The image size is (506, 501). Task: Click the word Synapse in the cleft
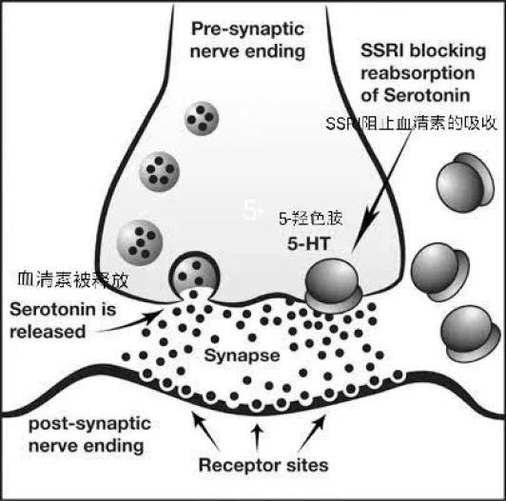(x=242, y=356)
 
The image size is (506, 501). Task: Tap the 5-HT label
(x=309, y=243)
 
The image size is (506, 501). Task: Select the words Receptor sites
(x=263, y=465)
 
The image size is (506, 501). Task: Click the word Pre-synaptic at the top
(x=247, y=29)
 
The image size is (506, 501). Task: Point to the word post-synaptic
(x=89, y=424)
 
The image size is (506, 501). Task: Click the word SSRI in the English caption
(x=380, y=50)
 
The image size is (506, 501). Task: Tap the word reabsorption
(x=418, y=73)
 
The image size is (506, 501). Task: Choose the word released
(x=48, y=332)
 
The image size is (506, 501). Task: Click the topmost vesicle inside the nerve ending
(x=202, y=118)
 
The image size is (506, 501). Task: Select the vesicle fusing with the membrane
(x=195, y=277)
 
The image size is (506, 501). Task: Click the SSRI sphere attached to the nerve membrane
(x=333, y=286)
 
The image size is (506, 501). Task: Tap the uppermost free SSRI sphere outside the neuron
(x=465, y=183)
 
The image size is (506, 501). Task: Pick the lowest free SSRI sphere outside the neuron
(x=467, y=334)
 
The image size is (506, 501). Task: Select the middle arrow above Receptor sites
(x=257, y=437)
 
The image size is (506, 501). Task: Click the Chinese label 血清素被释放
(x=73, y=279)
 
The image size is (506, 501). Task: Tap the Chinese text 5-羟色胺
(x=310, y=219)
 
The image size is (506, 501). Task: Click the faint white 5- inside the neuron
(x=253, y=211)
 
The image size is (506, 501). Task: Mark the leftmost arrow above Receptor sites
(x=205, y=430)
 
